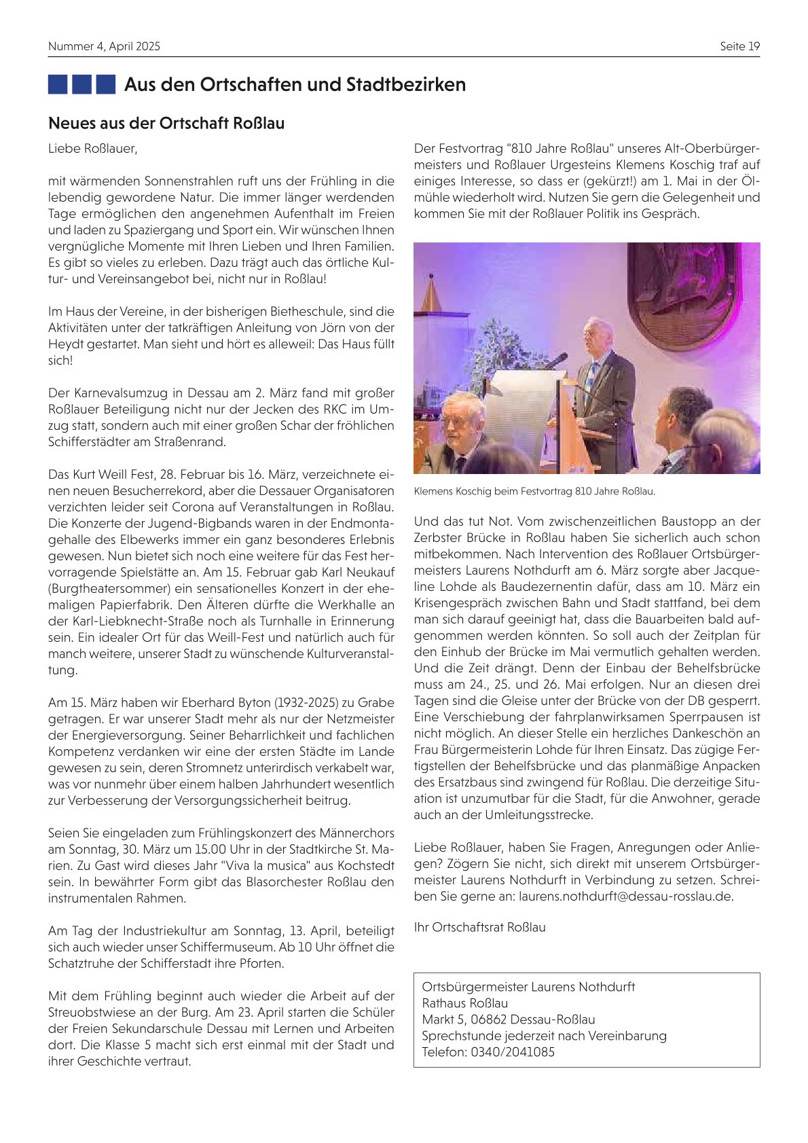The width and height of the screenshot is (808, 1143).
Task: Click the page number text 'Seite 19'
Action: (x=739, y=46)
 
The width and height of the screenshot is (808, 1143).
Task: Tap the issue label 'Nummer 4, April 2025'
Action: (x=104, y=46)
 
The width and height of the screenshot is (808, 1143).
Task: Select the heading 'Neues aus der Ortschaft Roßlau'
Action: (x=166, y=124)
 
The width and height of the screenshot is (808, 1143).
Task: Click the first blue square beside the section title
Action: (x=58, y=84)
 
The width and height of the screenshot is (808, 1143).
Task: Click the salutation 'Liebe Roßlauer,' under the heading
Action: (x=92, y=148)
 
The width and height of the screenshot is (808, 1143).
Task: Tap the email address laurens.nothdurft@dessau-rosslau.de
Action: (x=626, y=896)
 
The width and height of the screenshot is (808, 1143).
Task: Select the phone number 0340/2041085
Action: (x=513, y=1052)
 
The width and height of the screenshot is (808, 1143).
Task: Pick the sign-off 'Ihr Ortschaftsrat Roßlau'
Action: (x=479, y=927)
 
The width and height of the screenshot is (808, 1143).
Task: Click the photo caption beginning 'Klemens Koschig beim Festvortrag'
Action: (x=534, y=491)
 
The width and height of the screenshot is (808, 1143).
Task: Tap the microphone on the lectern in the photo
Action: (x=557, y=360)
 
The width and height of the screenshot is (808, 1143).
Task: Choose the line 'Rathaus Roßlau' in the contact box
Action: (x=464, y=1003)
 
